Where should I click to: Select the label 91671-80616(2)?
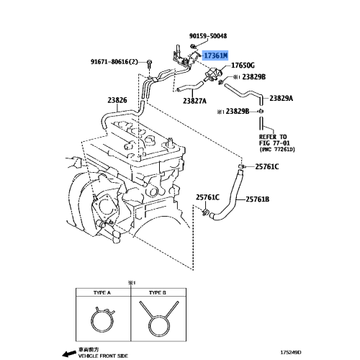point(114,62)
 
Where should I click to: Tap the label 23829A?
point(282,99)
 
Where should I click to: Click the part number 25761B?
point(258,199)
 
